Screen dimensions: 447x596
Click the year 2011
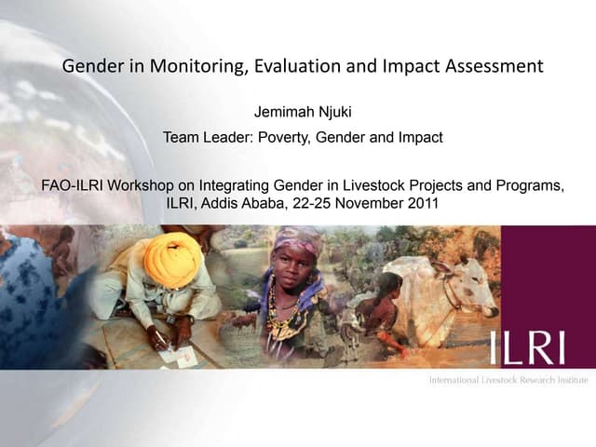click(x=420, y=204)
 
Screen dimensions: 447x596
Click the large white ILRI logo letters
click(x=527, y=347)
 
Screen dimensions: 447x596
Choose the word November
click(x=367, y=204)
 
